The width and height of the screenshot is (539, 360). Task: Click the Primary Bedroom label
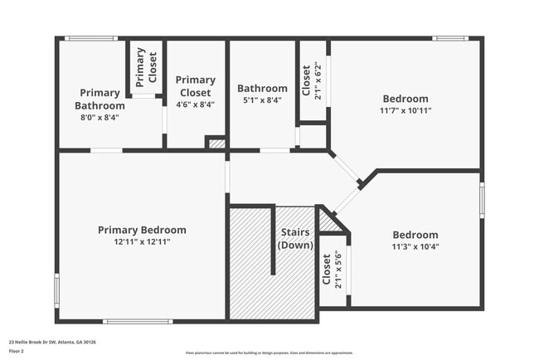[142, 230]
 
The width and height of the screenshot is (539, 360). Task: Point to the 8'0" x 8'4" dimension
[100, 118]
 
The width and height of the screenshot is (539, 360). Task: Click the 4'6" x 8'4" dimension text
[196, 105]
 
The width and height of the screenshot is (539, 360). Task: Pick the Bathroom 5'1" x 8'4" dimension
[262, 100]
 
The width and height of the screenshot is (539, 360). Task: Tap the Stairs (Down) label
[295, 238]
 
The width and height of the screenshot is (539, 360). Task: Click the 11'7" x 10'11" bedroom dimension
[405, 110]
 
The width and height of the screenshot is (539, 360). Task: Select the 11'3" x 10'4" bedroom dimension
[415, 246]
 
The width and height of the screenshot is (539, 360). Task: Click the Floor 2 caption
[17, 351]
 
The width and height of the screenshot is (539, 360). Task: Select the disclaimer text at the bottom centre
[269, 353]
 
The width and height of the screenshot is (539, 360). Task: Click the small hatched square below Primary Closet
[216, 144]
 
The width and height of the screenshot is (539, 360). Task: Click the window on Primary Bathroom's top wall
[91, 38]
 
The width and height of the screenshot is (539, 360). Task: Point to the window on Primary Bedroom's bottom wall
[138, 321]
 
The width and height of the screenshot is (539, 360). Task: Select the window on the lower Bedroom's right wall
[482, 201]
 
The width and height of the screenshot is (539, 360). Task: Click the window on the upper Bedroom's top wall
[449, 38]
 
